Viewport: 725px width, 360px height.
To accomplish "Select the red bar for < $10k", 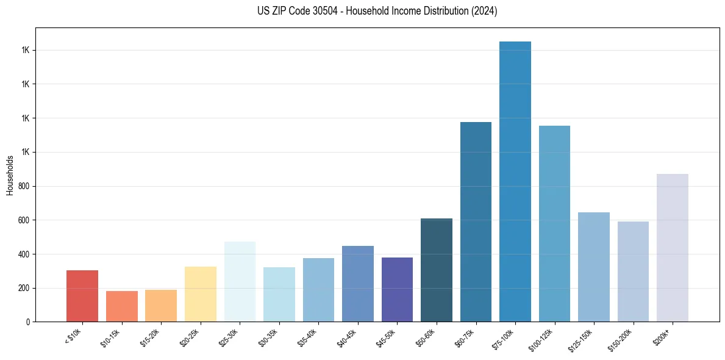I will click(x=82, y=296).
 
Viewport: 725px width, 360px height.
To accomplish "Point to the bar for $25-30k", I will click(x=240, y=281).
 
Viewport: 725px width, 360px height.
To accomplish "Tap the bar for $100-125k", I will click(x=554, y=223).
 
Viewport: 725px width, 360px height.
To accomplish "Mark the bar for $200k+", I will click(x=673, y=248).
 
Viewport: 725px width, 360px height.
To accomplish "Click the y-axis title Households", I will click(x=10, y=175).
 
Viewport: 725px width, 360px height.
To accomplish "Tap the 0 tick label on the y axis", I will click(x=29, y=322).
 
